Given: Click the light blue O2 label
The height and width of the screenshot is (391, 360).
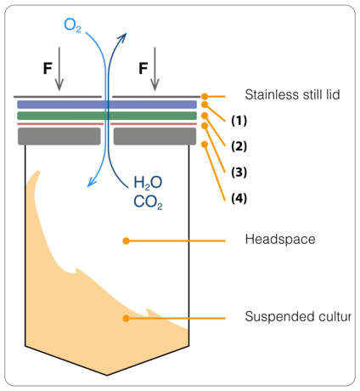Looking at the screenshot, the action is pyautogui.click(x=72, y=25).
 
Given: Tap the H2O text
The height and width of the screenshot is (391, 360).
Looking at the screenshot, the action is pyautogui.click(x=148, y=183).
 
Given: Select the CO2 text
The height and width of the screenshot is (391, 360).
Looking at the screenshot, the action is pyautogui.click(x=148, y=202).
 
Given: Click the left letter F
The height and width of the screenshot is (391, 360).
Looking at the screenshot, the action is pyautogui.click(x=48, y=68).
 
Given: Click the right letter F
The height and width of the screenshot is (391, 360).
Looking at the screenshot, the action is pyautogui.click(x=143, y=68).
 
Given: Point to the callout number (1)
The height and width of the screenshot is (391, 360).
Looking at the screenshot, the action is pyautogui.click(x=239, y=121).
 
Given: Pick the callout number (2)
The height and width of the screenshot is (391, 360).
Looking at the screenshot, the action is pyautogui.click(x=239, y=146).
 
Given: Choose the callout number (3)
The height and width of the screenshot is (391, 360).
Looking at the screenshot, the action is pyautogui.click(x=239, y=173).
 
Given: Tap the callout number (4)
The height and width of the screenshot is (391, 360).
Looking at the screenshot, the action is pyautogui.click(x=239, y=198).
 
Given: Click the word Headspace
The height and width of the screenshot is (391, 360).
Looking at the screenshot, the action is pyautogui.click(x=280, y=240).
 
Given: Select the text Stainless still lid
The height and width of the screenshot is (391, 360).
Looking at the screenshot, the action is pyautogui.click(x=292, y=94).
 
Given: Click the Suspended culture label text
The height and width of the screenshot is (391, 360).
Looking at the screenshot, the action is pyautogui.click(x=298, y=316).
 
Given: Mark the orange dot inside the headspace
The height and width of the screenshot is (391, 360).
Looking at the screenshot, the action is pyautogui.click(x=126, y=241).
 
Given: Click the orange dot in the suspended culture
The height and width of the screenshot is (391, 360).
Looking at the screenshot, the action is pyautogui.click(x=126, y=318).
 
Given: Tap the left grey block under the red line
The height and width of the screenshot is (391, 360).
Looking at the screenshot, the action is pyautogui.click(x=59, y=136).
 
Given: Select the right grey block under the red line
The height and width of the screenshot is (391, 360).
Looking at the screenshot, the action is pyautogui.click(x=155, y=136).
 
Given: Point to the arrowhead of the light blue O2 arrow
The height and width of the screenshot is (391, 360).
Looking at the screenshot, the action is pyautogui.click(x=92, y=182).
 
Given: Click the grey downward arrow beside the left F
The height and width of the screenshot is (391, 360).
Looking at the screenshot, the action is pyautogui.click(x=59, y=69).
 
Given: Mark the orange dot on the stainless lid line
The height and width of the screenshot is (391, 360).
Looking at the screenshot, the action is pyautogui.click(x=205, y=97).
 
